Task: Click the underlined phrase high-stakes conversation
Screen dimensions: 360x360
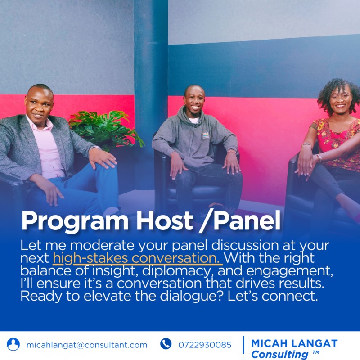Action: [137, 259]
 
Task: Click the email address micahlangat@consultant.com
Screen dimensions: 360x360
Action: [87, 345]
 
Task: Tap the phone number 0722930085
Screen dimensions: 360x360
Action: [205, 345]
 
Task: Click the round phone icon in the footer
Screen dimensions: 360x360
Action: [166, 344]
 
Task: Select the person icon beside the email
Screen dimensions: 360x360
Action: [13, 344]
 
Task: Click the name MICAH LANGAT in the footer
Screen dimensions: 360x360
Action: [294, 343]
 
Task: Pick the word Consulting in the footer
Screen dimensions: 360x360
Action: [279, 354]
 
